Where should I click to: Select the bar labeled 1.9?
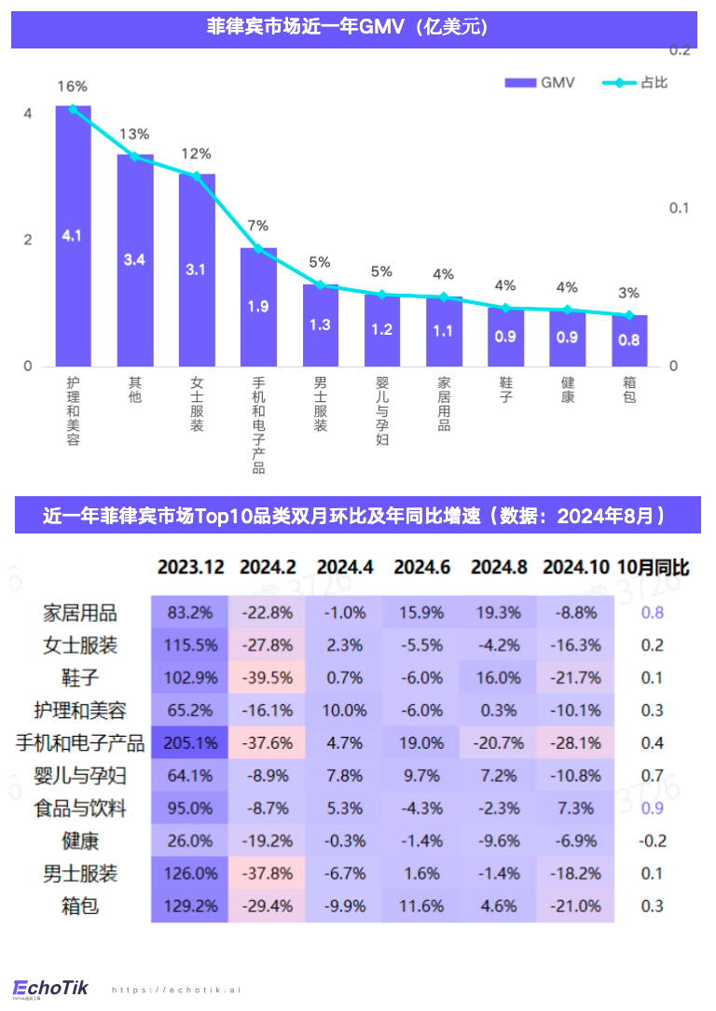pyautogui.click(x=258, y=307)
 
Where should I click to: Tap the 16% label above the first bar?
pyautogui.click(x=73, y=87)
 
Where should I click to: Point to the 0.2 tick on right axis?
pyautogui.click(x=679, y=49)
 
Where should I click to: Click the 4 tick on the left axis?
pyautogui.click(x=28, y=114)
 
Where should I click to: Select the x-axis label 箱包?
pyautogui.click(x=629, y=390)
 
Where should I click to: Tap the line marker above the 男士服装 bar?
pyautogui.click(x=320, y=284)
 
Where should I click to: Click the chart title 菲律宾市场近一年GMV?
pyautogui.click(x=353, y=29)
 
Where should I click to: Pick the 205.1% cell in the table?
pyautogui.click(x=190, y=742)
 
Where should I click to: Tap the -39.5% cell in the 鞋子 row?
pyautogui.click(x=267, y=677)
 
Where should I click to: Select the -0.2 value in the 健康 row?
pyautogui.click(x=653, y=840)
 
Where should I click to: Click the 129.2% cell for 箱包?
pyautogui.click(x=190, y=906)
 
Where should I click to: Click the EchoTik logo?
pyautogui.click(x=50, y=987)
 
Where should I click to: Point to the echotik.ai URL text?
pyautogui.click(x=176, y=990)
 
